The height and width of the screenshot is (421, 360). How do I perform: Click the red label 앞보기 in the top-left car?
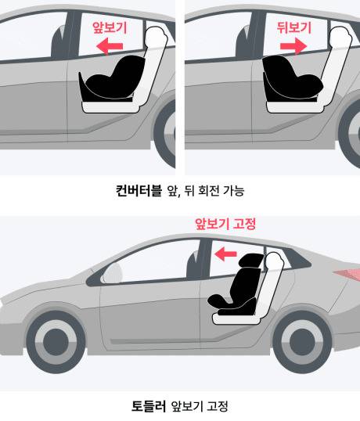tap(110, 27)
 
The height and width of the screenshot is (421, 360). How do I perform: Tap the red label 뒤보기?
tap(294, 27)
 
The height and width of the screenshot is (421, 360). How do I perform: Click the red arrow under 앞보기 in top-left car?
tap(110, 46)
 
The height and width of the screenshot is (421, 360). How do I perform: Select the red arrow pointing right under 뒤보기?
tap(293, 46)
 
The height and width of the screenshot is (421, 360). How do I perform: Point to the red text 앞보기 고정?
tap(225, 224)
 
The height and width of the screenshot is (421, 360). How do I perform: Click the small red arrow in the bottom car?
tap(225, 254)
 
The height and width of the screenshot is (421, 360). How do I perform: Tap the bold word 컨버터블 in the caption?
tap(139, 190)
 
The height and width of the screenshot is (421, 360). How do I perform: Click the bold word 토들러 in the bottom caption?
tap(149, 406)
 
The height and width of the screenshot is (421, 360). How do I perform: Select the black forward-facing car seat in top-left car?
tap(111, 79)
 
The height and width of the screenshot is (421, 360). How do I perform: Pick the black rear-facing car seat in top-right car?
tap(292, 79)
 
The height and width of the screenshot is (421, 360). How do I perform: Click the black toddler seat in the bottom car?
tap(236, 285)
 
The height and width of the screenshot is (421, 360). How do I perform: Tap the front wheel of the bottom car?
tap(56, 341)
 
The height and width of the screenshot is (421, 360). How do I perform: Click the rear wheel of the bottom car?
tap(302, 341)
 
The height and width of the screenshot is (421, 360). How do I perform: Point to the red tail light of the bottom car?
tap(347, 274)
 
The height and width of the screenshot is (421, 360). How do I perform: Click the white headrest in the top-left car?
tap(156, 37)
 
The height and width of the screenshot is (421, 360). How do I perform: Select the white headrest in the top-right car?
tap(340, 37)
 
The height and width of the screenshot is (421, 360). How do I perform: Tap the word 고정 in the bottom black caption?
tap(218, 406)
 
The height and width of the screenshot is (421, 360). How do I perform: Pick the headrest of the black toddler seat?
tap(250, 261)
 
